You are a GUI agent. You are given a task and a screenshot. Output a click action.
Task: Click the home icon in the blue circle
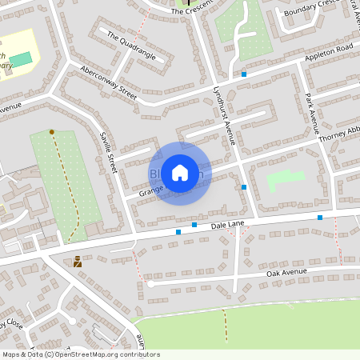point(180,172)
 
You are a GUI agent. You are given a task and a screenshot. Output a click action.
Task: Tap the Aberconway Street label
point(109,82)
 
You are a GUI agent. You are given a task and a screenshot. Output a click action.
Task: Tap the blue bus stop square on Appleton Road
point(244,74)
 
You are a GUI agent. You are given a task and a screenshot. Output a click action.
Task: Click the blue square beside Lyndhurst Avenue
point(244,187)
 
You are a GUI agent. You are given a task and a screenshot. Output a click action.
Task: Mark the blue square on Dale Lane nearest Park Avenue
point(320,218)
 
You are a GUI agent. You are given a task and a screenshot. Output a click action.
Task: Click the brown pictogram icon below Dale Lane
point(78,261)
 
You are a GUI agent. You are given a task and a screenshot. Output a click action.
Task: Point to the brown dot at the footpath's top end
point(52,131)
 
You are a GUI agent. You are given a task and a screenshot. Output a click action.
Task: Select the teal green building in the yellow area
point(22,60)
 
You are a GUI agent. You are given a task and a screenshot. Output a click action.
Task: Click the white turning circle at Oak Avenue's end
point(150,283)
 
